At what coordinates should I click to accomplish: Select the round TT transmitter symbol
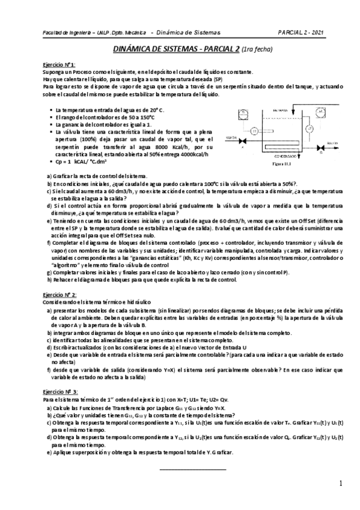click(x=254, y=130)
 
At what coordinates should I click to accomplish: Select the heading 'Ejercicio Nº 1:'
click(x=59, y=64)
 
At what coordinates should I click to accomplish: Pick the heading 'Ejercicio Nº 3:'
click(x=59, y=392)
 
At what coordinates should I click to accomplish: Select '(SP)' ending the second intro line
click(x=217, y=79)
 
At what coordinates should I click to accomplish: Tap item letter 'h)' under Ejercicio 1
click(x=49, y=279)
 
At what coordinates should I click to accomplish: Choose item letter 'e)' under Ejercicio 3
click(x=49, y=451)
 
